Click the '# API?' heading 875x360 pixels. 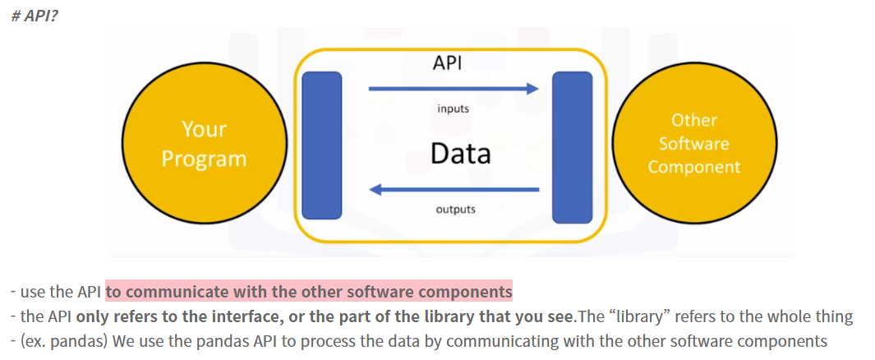click(x=35, y=16)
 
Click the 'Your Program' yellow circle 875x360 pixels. click(x=204, y=143)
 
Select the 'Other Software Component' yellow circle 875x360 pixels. click(x=693, y=143)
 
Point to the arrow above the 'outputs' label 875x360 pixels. click(x=454, y=190)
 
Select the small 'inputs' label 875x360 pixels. click(x=454, y=108)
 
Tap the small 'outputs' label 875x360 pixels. click(x=455, y=209)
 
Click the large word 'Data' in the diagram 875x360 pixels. click(x=461, y=154)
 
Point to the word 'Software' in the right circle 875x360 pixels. click(x=694, y=144)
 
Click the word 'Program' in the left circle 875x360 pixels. click(x=204, y=158)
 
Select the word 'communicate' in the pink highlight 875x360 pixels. click(x=174, y=292)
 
